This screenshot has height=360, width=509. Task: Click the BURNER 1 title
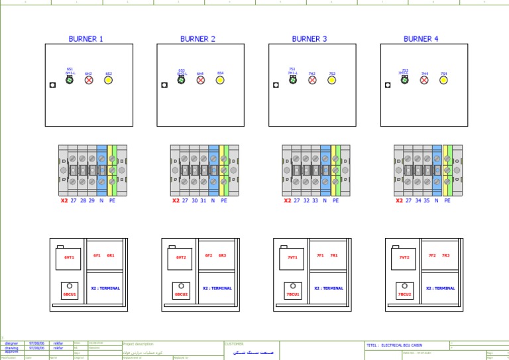pyautogui.click(x=85, y=39)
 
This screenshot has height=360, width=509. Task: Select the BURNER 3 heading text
pyautogui.click(x=310, y=39)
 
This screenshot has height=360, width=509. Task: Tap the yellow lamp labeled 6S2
pyautogui.click(x=109, y=80)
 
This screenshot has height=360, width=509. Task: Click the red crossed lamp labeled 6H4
pyautogui.click(x=200, y=80)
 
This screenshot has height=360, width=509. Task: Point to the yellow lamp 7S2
pyautogui.click(x=332, y=80)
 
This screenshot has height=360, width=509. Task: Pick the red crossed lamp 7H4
pyautogui.click(x=424, y=80)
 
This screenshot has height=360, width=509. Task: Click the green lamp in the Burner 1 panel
pyautogui.click(x=70, y=80)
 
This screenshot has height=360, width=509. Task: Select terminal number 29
pyautogui.click(x=92, y=200)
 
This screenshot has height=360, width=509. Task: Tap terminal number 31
pyautogui.click(x=203, y=200)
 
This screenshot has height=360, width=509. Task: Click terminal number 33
pyautogui.click(x=315, y=200)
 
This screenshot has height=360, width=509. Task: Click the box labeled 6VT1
pyautogui.click(x=69, y=258)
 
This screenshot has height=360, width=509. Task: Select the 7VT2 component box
pyautogui.click(x=404, y=258)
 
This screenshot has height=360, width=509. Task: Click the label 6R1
pyautogui.click(x=111, y=255)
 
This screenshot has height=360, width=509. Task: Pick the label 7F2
pyautogui.click(x=432, y=255)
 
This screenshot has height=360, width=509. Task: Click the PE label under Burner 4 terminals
pyautogui.click(x=447, y=200)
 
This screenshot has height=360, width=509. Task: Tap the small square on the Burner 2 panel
pyautogui.click(x=164, y=85)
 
